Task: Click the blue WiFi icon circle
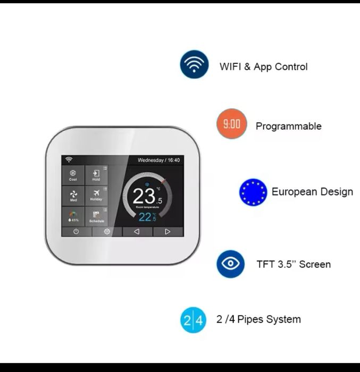[194, 64]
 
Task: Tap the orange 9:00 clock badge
[231, 124]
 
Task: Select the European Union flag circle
[253, 192]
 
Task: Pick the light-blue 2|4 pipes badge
[193, 320]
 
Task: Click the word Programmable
[288, 126]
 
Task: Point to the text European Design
[312, 192]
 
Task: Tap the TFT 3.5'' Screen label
[294, 264]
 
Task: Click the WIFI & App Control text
[263, 67]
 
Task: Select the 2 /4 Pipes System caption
[258, 319]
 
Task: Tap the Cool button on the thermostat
[73, 175]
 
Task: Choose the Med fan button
[73, 196]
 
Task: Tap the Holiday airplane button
[96, 196]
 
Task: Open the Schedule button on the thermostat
[96, 216]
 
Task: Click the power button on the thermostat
[76, 232]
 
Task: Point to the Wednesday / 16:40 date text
[158, 160]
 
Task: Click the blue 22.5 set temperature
[147, 217]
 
